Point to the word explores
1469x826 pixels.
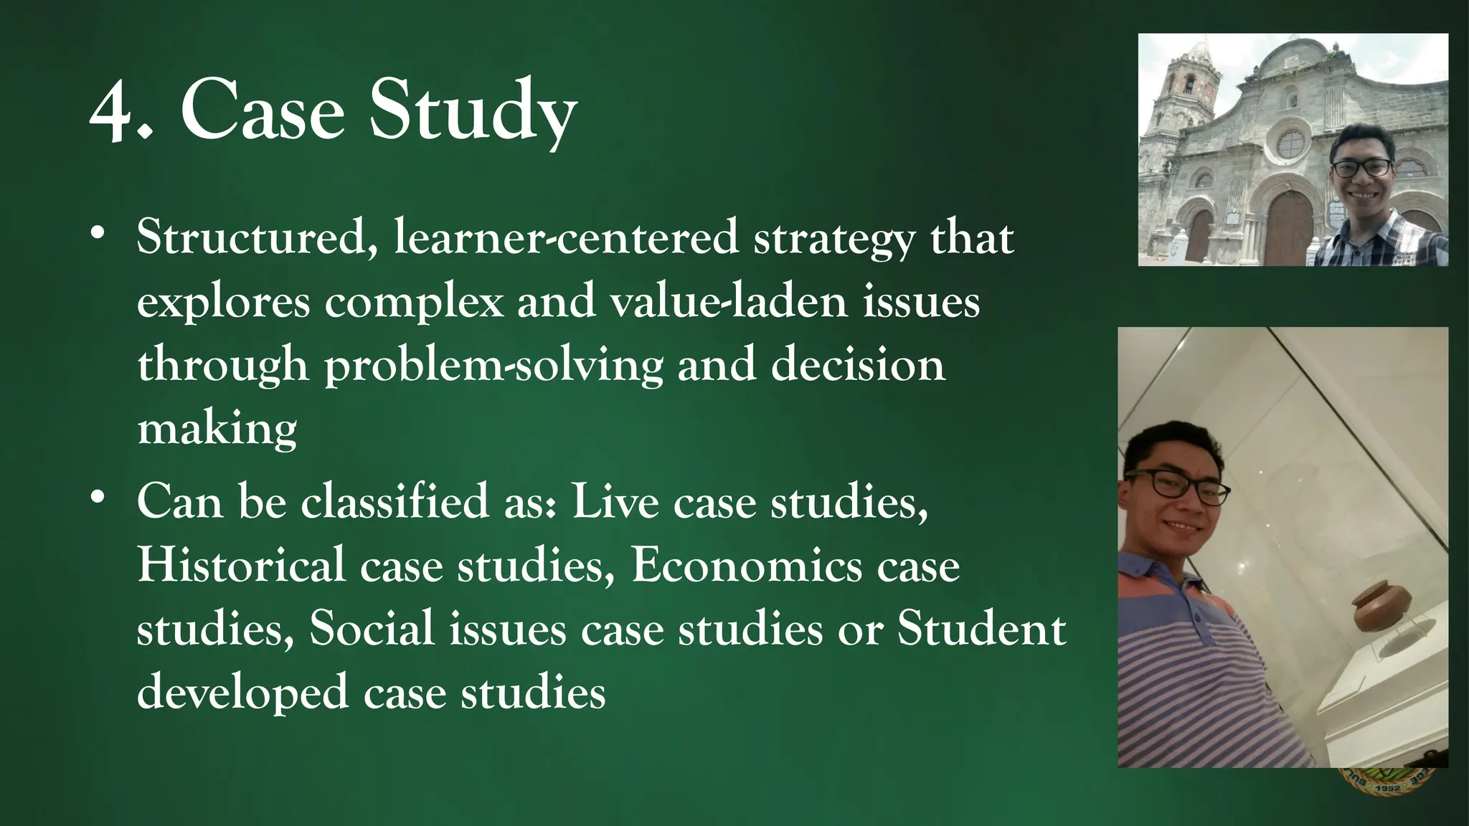pos(223,301)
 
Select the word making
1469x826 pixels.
pos(217,429)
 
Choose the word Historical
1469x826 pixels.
pos(241,565)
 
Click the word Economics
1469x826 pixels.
pos(747,565)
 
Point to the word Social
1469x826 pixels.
pos(372,629)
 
